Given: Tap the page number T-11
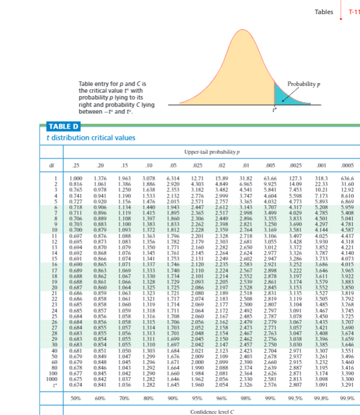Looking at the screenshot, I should point(353,11).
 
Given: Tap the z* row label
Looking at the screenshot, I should point(52,385).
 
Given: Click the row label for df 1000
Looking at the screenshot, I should point(51,380).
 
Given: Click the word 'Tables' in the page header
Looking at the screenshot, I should point(324,11).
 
